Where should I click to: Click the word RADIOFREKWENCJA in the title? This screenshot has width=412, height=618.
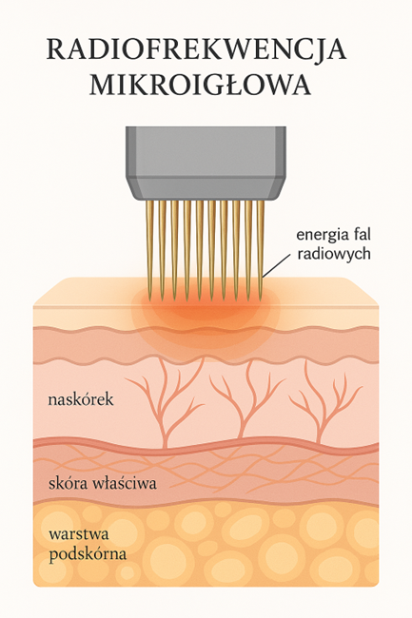point(196,49)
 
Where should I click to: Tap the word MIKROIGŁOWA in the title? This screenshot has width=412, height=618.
point(201,85)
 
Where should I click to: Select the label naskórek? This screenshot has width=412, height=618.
point(81,399)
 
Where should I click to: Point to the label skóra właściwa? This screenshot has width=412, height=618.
point(103,483)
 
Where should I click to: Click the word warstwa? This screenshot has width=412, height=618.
point(78,535)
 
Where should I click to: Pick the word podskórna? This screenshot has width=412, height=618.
point(88,554)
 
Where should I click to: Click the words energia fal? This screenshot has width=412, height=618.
point(334,235)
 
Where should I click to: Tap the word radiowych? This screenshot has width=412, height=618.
point(334,254)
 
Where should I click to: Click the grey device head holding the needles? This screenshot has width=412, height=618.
point(206,163)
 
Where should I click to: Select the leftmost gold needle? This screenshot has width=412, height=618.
point(149,247)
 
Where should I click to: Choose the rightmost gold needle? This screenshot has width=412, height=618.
point(260,248)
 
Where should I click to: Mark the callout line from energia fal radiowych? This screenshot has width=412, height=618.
point(279,264)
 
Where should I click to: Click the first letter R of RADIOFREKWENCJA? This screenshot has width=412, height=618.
point(56,49)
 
